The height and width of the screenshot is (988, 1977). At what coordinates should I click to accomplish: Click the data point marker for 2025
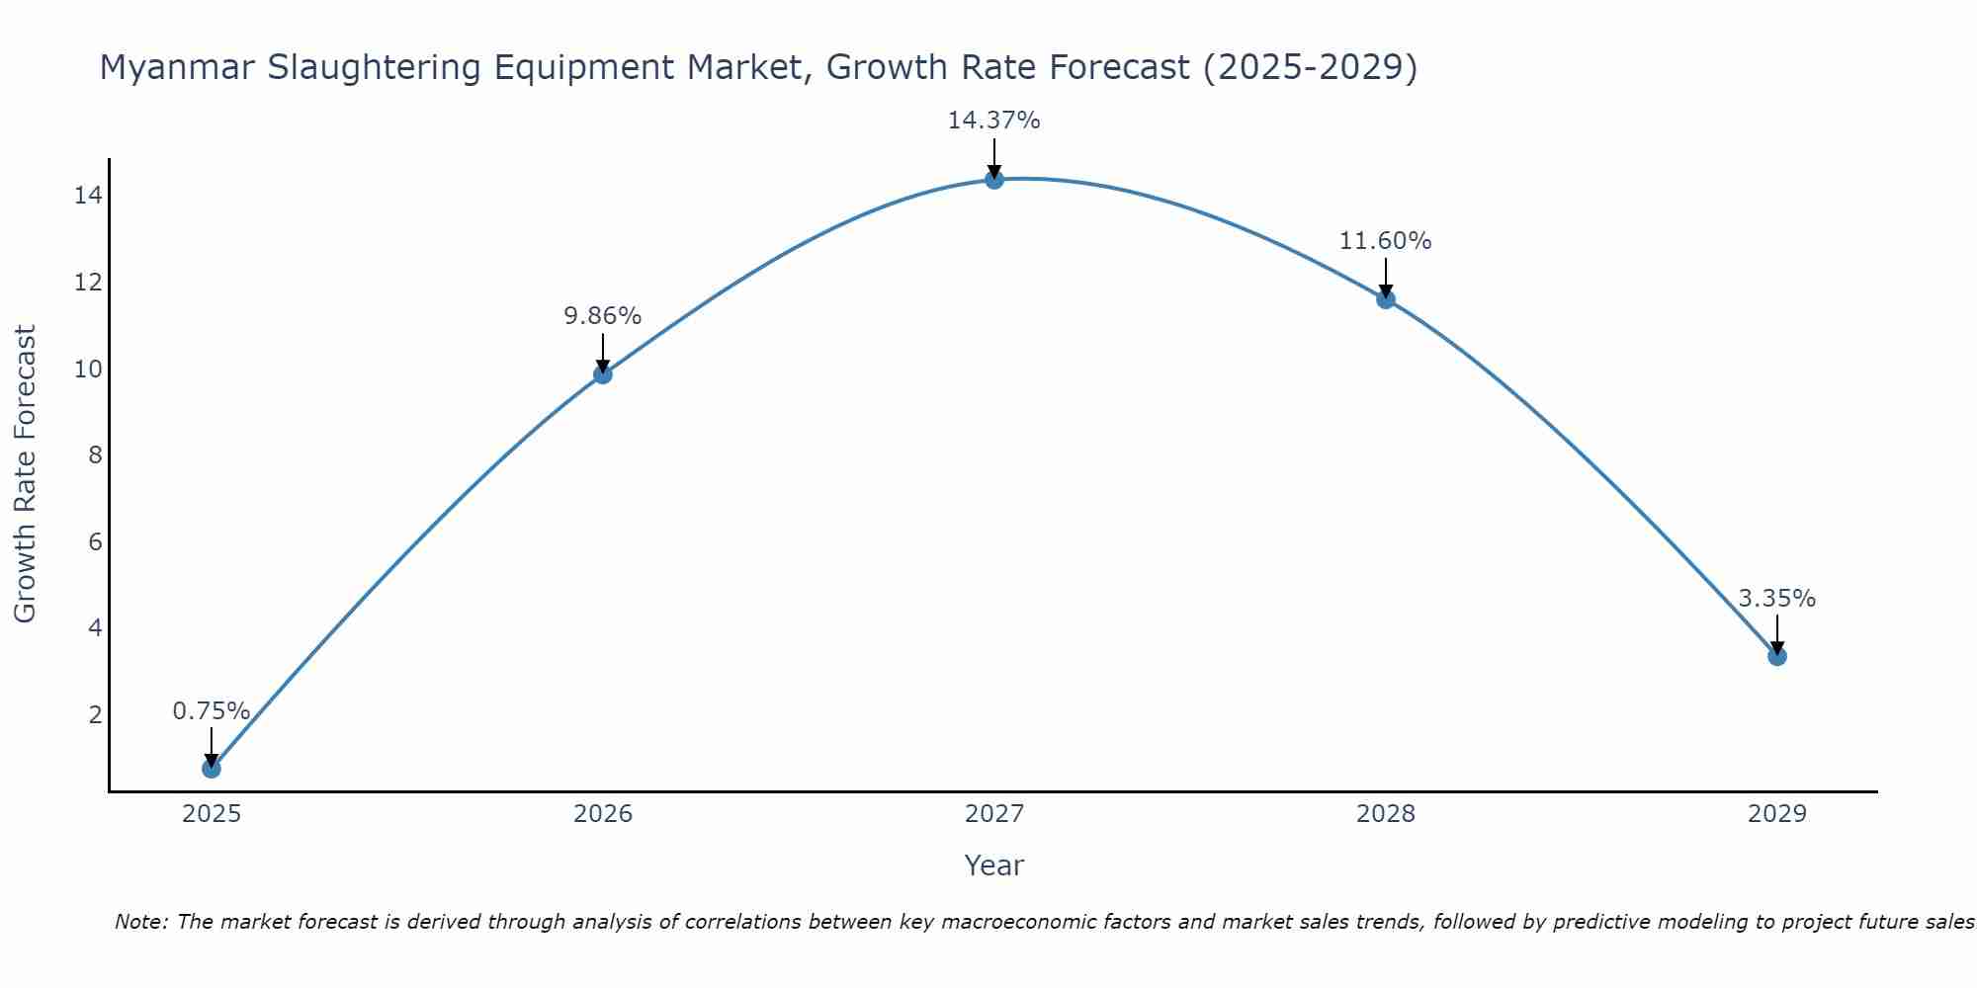pyautogui.click(x=212, y=768)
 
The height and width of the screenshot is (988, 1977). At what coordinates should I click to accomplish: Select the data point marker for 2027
pyautogui.click(x=994, y=179)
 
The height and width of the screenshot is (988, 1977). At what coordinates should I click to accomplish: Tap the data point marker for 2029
pyautogui.click(x=1776, y=656)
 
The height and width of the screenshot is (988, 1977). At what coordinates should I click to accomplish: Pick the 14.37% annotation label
pyautogui.click(x=993, y=121)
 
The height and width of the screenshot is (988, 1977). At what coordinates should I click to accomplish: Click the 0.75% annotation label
pyautogui.click(x=211, y=710)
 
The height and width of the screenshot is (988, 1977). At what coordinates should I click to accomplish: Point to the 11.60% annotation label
pyautogui.click(x=1385, y=240)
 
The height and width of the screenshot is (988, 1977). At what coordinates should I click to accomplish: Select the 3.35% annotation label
pyautogui.click(x=1776, y=598)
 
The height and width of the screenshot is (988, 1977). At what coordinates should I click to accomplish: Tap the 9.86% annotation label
pyautogui.click(x=602, y=315)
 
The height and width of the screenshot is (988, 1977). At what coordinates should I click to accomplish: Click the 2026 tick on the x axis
pyautogui.click(x=603, y=814)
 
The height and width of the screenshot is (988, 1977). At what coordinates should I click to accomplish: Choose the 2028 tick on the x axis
pyautogui.click(x=1385, y=814)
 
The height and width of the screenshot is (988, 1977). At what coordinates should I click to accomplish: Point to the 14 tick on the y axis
pyautogui.click(x=88, y=196)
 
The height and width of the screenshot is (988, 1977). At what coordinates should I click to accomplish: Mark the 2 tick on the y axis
pyautogui.click(x=95, y=714)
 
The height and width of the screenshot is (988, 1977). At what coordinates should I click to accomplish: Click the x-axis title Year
pyautogui.click(x=993, y=865)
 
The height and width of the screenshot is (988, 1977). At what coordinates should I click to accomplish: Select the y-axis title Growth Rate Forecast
pyautogui.click(x=26, y=474)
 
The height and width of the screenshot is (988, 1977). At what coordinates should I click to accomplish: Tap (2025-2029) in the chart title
pyautogui.click(x=1310, y=67)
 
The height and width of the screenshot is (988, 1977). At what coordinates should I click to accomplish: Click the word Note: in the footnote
pyautogui.click(x=144, y=922)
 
